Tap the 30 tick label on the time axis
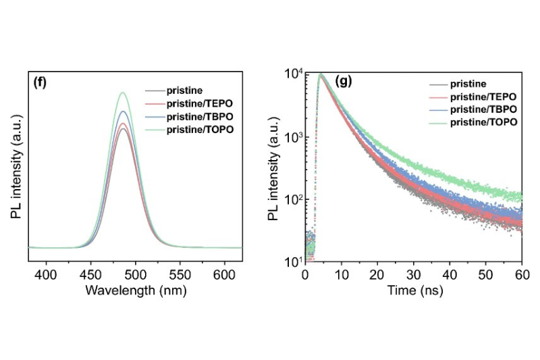414,275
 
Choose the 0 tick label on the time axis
306,275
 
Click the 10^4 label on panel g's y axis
291,74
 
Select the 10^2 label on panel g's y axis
291,199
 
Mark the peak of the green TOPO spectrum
123,93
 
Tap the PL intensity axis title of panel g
273,167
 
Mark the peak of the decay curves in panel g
321,75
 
